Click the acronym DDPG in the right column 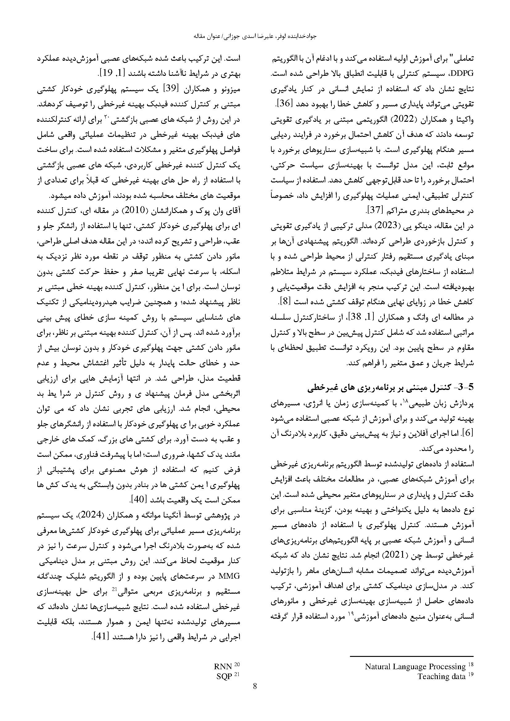click(x=462, y=74)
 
